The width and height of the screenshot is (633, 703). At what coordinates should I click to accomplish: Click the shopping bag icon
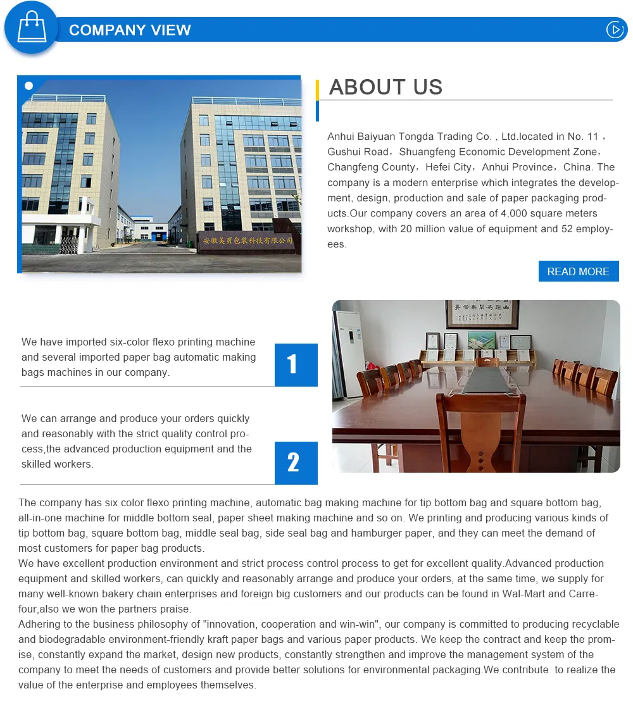pos(31,27)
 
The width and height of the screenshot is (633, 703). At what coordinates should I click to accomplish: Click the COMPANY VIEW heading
pos(130,30)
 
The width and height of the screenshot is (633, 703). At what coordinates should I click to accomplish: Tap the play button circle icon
pos(615,30)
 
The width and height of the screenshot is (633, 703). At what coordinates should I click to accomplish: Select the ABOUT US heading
pos(385,87)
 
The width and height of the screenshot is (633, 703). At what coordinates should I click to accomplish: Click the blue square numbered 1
pos(296,364)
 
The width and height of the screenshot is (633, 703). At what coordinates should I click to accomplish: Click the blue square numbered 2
pos(296,463)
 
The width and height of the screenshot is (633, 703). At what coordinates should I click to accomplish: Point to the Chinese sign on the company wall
pos(248,240)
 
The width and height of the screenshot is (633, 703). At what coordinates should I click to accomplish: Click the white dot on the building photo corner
pos(28,85)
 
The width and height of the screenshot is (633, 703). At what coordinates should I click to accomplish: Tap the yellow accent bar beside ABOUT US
pos(317,90)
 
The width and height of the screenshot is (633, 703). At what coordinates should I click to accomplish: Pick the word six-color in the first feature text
pos(128,342)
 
